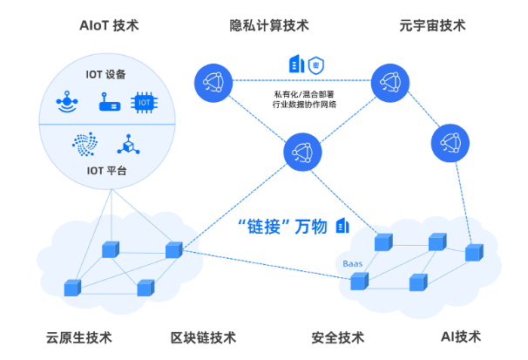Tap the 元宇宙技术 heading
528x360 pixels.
coord(432,25)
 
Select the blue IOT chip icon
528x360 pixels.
coord(145,103)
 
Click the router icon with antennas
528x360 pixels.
coord(106,103)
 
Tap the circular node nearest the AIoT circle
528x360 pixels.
coord(212,83)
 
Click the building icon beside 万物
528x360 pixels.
coord(343,226)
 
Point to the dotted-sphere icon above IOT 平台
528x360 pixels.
coord(85,142)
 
